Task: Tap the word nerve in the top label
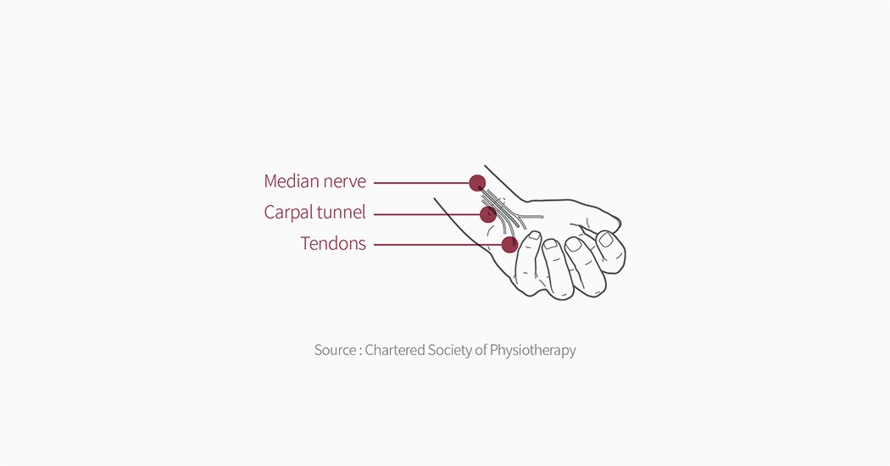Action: [345, 181]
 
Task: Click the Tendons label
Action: [333, 244]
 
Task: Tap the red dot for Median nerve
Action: [477, 183]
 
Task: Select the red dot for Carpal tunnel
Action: [488, 214]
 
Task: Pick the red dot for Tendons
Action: [509, 245]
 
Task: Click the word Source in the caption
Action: [334, 350]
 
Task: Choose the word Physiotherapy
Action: [535, 350]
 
